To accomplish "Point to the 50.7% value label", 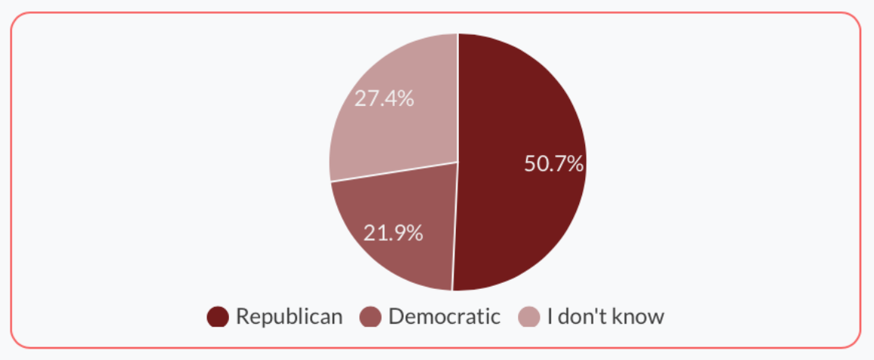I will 553,163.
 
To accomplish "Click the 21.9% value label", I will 393,233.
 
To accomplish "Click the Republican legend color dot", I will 218,317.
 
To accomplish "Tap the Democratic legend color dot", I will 370,317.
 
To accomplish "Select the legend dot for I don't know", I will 529,317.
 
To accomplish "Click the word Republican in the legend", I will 289,316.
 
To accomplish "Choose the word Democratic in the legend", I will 444,316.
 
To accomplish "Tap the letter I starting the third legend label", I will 550,316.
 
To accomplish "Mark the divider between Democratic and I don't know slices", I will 393,172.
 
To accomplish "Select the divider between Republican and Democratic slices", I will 454,227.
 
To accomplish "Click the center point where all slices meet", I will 457,162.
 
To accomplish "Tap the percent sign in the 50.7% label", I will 575,163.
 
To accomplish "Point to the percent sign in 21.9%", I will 414,233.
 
